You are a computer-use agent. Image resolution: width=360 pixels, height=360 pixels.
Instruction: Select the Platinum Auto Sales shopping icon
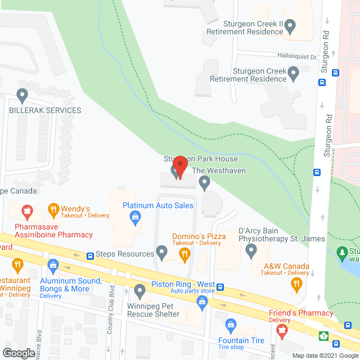click(135, 216)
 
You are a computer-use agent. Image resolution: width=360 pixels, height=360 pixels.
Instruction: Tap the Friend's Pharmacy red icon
click(282, 330)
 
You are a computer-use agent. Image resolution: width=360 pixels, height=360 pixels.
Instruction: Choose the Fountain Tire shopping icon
click(230, 325)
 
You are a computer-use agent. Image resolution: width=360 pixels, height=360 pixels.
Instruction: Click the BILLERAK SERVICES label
click(45, 110)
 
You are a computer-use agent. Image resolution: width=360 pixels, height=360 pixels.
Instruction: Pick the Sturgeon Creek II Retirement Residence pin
click(290, 25)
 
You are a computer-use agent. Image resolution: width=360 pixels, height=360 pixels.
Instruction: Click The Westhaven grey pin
click(205, 181)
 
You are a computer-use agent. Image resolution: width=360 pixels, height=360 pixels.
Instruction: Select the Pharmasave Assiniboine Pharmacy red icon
click(25, 212)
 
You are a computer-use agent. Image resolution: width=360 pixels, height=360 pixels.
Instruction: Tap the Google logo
click(18, 353)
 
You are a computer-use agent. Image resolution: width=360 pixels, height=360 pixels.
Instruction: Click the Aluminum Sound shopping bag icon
click(53, 264)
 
